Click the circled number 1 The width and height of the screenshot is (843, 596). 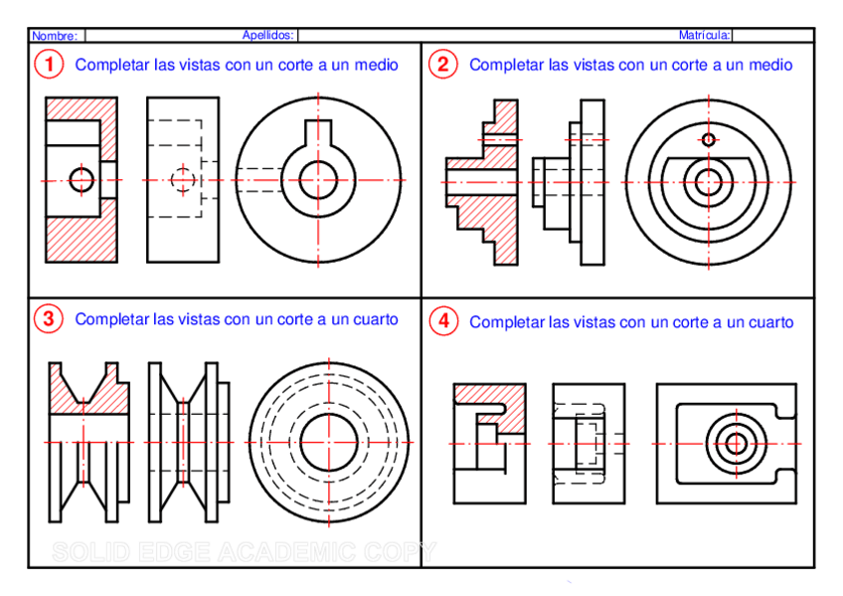(x=48, y=65)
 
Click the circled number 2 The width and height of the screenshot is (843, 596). (x=441, y=65)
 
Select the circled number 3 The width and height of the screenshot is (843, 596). (x=48, y=319)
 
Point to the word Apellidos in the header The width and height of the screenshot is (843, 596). (x=267, y=35)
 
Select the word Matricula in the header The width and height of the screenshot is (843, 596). (x=705, y=35)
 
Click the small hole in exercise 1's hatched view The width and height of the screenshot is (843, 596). (x=82, y=180)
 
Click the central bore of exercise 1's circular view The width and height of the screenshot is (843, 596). (x=318, y=179)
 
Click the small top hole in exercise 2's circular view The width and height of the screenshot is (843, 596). (x=708, y=139)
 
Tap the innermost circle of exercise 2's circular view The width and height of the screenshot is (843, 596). (x=708, y=182)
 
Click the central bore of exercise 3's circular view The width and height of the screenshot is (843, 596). (x=327, y=442)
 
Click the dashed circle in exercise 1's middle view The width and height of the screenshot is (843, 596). (x=182, y=180)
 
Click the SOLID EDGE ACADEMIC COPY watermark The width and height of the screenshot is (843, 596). (x=244, y=551)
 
